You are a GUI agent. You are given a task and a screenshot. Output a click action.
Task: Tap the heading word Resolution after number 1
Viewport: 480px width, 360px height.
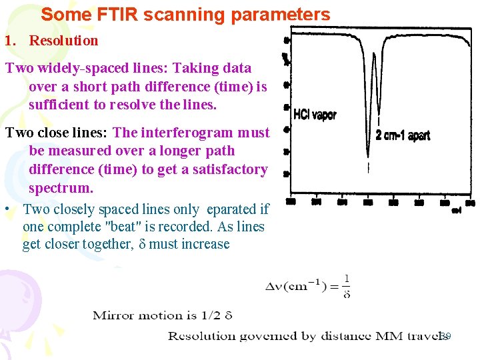(x=63, y=41)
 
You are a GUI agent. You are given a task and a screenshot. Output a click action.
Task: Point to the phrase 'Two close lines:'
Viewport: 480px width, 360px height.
(x=57, y=133)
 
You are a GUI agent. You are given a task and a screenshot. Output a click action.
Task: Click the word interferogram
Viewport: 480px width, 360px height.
(x=188, y=133)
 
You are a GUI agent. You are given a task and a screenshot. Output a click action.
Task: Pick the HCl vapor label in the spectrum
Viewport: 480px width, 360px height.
(x=315, y=115)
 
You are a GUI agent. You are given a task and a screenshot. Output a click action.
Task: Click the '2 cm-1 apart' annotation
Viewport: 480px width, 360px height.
(x=403, y=135)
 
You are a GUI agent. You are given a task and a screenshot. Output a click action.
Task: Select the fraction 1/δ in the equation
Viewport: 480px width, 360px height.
(x=347, y=287)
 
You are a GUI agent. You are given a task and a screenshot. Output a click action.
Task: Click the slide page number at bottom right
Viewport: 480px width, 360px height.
(x=445, y=337)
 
